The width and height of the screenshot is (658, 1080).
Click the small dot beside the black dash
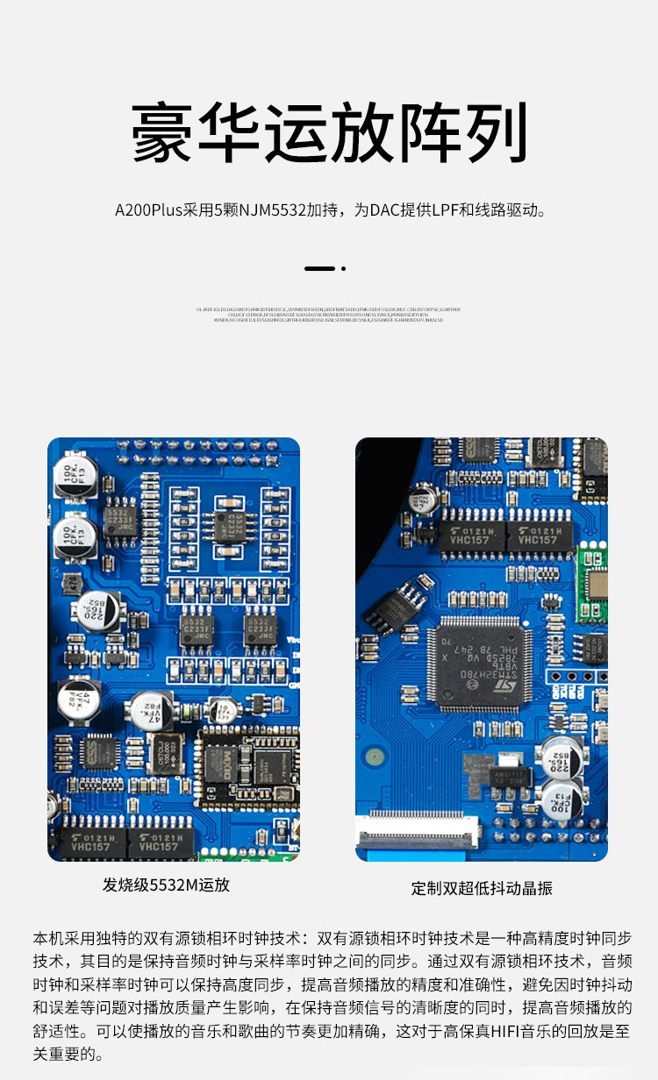343,268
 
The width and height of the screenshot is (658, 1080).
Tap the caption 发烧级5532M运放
166,885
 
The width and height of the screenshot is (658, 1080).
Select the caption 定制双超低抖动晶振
482,888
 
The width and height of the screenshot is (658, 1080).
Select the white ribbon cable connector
419,827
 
